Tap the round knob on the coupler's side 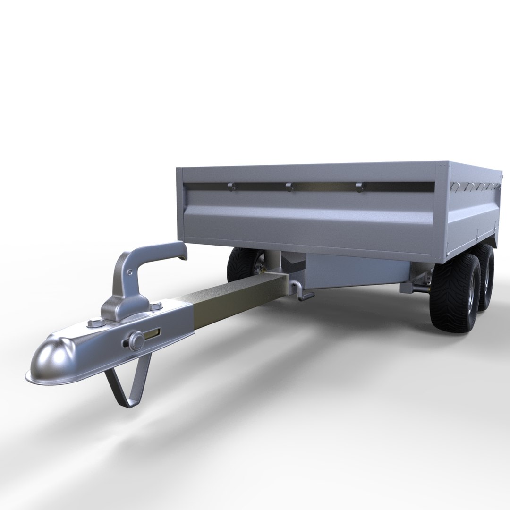tap(136, 340)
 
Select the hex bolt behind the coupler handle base tap(154, 307)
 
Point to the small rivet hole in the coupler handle tap(129, 272)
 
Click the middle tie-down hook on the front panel tap(289, 187)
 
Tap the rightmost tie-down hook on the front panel tap(359, 187)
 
